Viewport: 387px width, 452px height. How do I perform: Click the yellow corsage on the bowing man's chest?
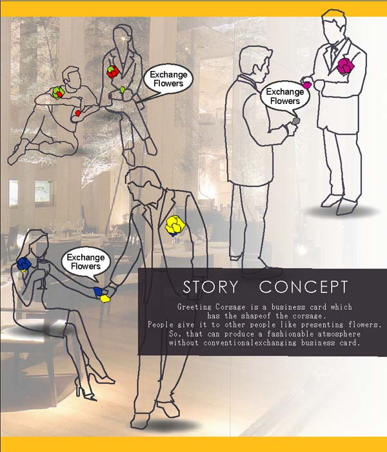click(175, 225)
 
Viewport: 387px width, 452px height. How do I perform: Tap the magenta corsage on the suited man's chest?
click(346, 67)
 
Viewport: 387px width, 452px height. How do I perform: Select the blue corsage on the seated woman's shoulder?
click(25, 264)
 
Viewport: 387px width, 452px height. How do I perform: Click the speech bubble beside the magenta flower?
click(284, 96)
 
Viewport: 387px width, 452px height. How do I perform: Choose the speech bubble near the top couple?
click(167, 78)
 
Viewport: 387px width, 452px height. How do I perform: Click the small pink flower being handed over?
click(308, 85)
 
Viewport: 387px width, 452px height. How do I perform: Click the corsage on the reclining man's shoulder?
click(58, 92)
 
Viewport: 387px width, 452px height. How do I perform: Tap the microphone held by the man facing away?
click(295, 120)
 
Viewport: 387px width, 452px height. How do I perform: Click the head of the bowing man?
click(141, 182)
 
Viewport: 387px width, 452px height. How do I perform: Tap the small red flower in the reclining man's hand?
click(78, 113)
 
